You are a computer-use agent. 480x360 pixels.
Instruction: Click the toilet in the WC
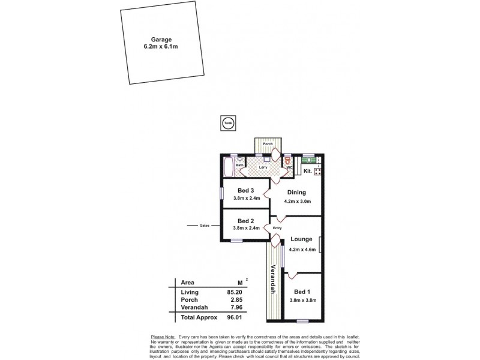coord(287,161)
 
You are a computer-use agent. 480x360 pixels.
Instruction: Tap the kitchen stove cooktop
coord(317,172)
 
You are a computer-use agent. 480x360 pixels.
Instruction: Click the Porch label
coord(268,144)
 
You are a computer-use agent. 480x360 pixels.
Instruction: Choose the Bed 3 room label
coord(247,191)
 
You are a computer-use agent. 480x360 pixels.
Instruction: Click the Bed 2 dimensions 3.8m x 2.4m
coord(247,228)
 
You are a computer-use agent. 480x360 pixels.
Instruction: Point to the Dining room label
coord(296,193)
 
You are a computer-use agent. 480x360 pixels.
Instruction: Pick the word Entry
coord(277,229)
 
